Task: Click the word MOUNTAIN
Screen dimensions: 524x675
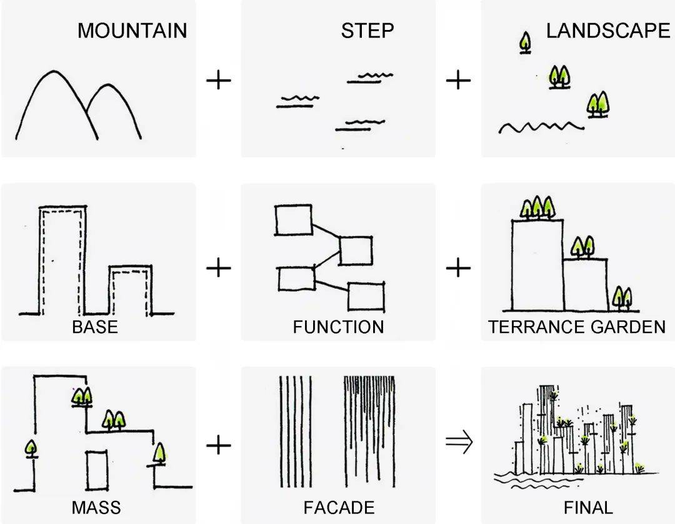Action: (132, 31)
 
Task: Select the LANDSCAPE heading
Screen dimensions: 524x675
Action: (607, 31)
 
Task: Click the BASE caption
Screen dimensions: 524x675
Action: (94, 327)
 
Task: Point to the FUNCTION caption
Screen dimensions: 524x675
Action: (338, 327)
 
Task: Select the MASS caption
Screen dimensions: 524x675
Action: (96, 507)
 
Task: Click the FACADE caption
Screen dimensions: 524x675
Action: (339, 507)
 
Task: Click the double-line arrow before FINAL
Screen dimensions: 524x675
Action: (459, 443)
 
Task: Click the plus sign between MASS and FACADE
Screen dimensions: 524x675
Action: (218, 445)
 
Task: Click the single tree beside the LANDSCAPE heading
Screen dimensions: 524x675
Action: (526, 43)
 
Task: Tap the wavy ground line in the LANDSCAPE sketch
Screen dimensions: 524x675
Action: (541, 127)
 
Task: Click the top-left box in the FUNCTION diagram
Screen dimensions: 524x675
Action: (293, 220)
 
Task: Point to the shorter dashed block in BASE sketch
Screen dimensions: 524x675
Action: (131, 290)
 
